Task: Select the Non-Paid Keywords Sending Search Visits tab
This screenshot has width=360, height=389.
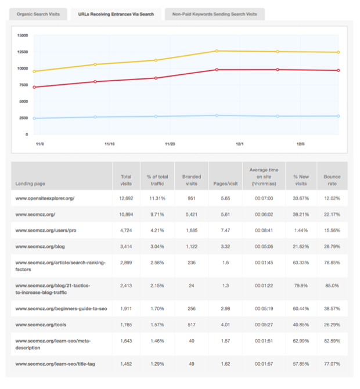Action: (214, 14)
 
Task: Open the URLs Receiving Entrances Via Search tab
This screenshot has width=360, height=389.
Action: (116, 14)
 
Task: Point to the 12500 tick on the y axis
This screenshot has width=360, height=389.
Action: (23, 52)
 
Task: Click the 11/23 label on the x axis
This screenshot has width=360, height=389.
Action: (170, 142)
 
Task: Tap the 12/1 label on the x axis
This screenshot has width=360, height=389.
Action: (239, 142)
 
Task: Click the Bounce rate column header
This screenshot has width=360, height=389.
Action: (332, 180)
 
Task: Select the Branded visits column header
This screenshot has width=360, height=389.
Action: (192, 180)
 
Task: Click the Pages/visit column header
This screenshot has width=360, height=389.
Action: (225, 184)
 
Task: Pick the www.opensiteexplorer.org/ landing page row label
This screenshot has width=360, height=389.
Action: (45, 199)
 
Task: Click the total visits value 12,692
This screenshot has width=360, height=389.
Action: (126, 199)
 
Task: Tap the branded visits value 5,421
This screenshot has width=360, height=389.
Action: (192, 215)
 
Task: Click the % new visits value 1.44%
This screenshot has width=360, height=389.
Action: (300, 230)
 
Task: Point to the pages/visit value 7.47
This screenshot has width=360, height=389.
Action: (225, 230)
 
